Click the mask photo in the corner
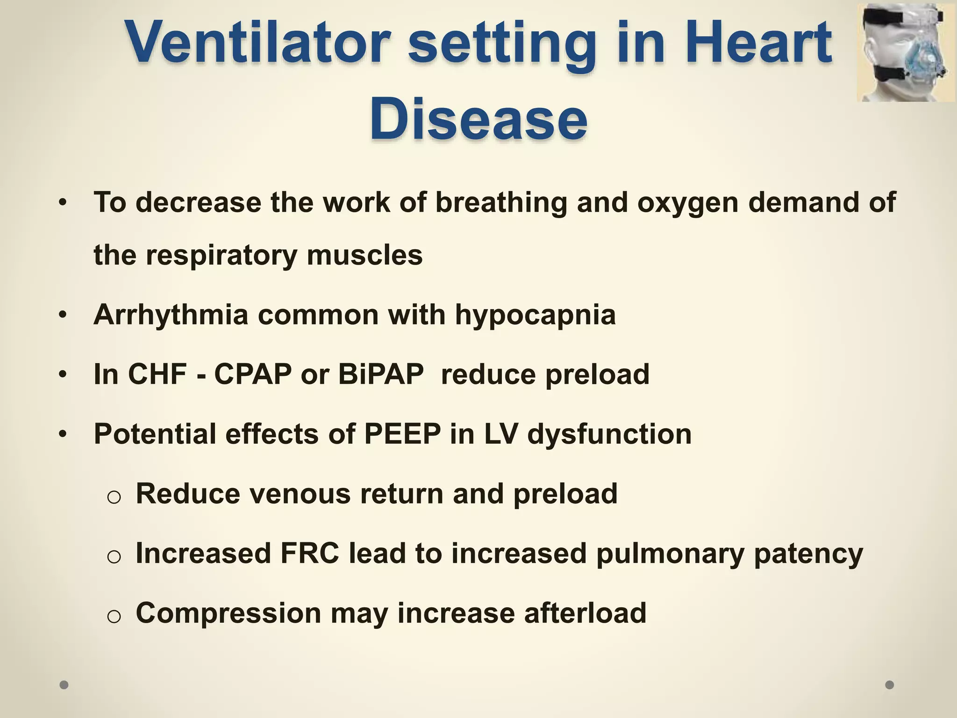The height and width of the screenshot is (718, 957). point(906,52)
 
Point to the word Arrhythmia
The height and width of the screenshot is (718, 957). point(171,315)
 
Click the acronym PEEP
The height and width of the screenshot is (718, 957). point(402,434)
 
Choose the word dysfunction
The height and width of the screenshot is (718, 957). point(609,434)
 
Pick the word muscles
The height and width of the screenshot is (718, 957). point(364,255)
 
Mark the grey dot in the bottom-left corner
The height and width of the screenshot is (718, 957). point(64,685)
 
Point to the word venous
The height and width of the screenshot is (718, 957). point(300,494)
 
